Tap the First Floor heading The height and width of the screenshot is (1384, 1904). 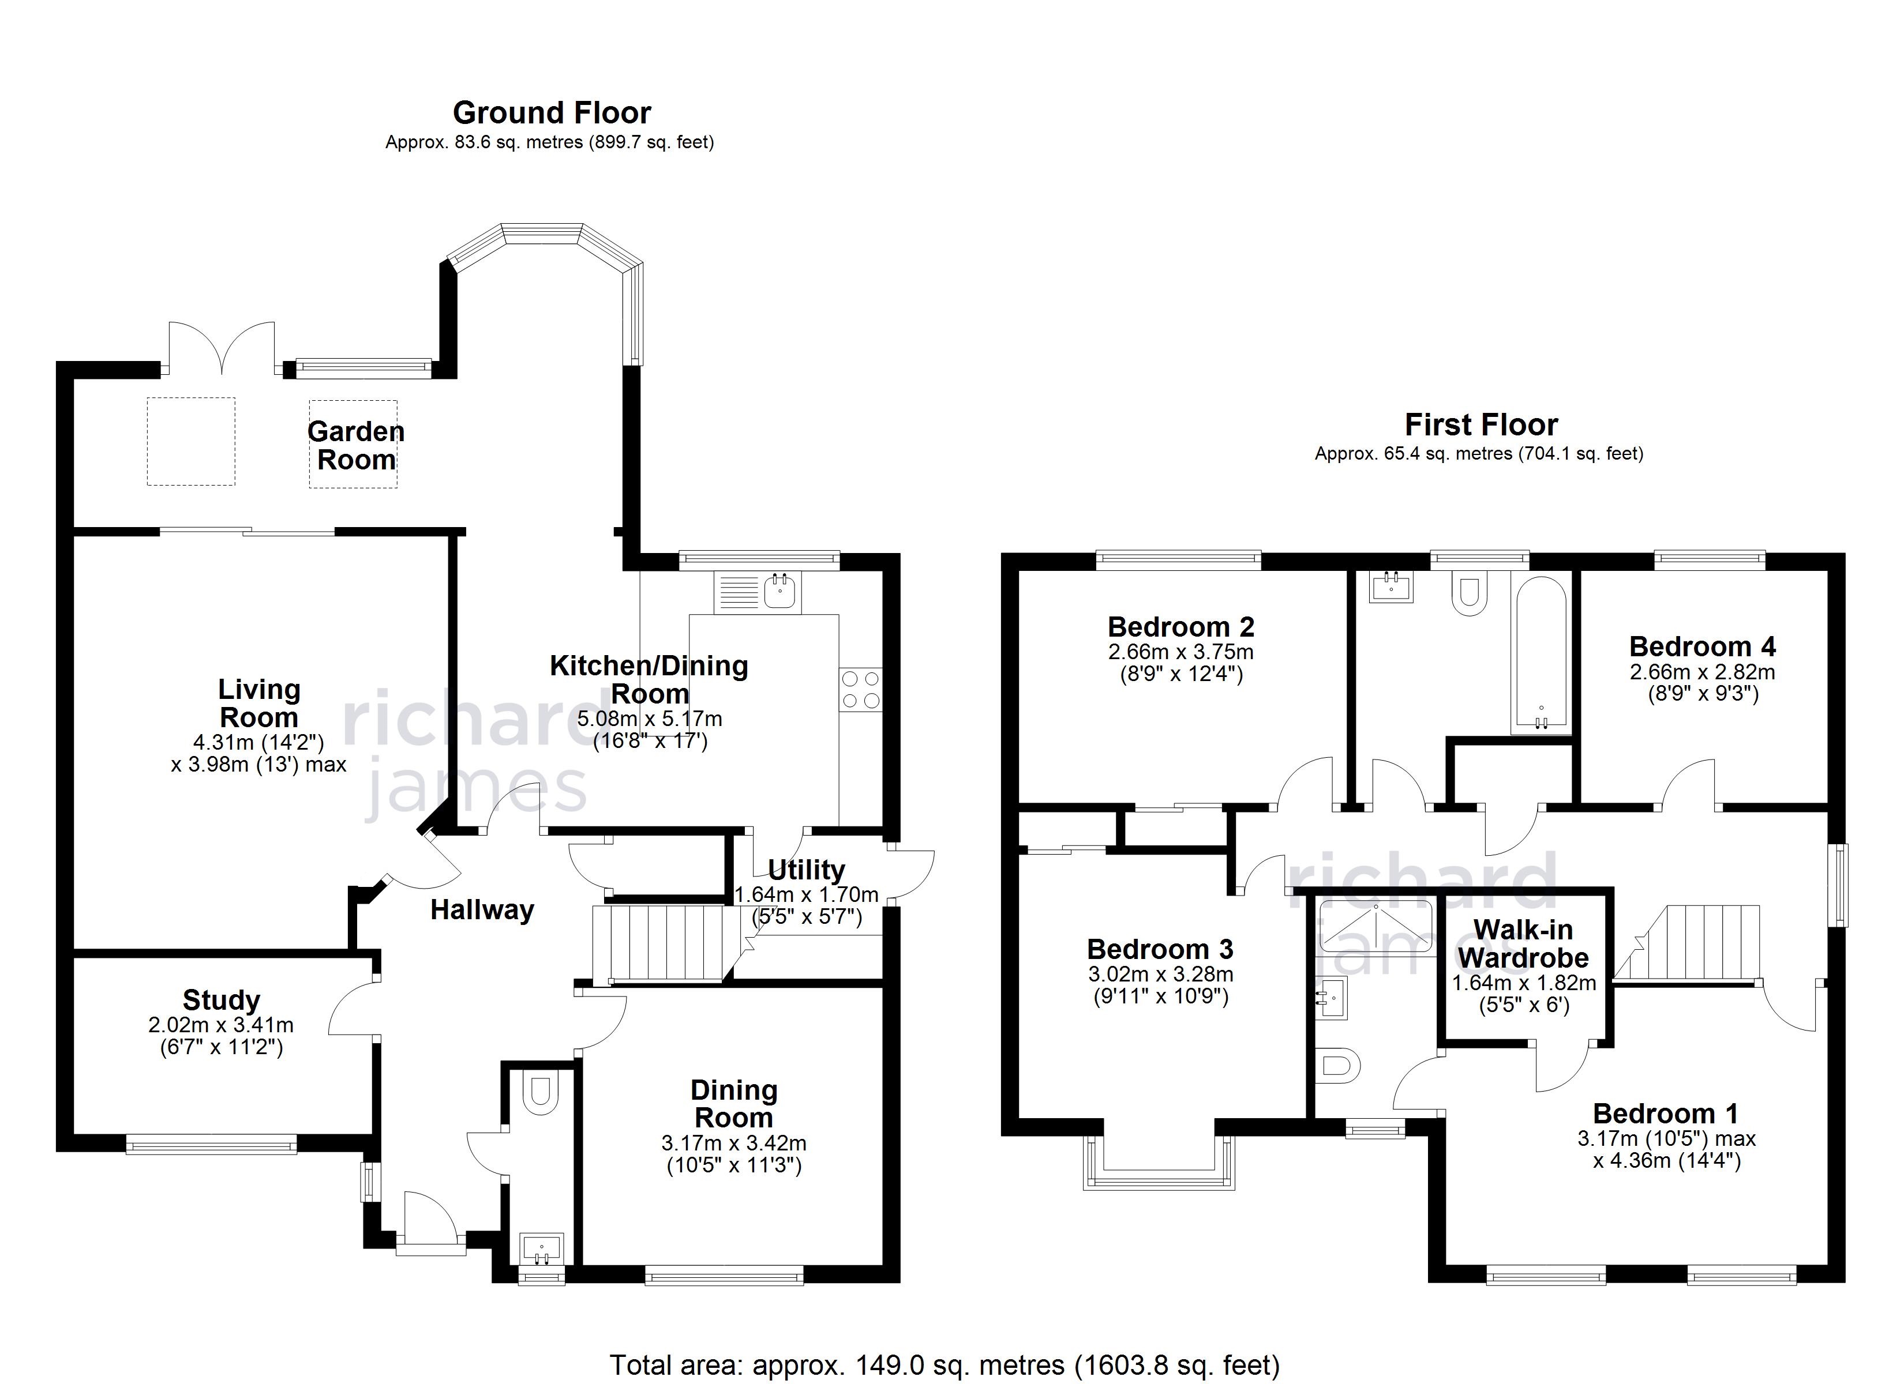tap(1481, 424)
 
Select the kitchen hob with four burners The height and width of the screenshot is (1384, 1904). tap(860, 690)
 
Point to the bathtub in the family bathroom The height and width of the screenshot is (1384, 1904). tap(1541, 655)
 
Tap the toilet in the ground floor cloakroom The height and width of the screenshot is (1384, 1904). tap(541, 1093)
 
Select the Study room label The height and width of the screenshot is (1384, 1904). tap(222, 1001)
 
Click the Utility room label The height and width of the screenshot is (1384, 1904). tap(806, 870)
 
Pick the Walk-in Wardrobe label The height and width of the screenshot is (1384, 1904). tap(1523, 943)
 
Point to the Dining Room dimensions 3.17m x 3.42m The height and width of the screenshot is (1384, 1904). tap(734, 1143)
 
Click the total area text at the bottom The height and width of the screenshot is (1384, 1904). tap(944, 1365)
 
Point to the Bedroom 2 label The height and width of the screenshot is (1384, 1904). tap(1180, 627)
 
